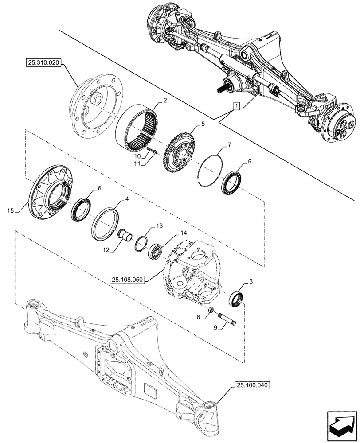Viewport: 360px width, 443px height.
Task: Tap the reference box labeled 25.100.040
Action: click(249, 386)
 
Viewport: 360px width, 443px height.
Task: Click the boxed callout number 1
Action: click(237, 106)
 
